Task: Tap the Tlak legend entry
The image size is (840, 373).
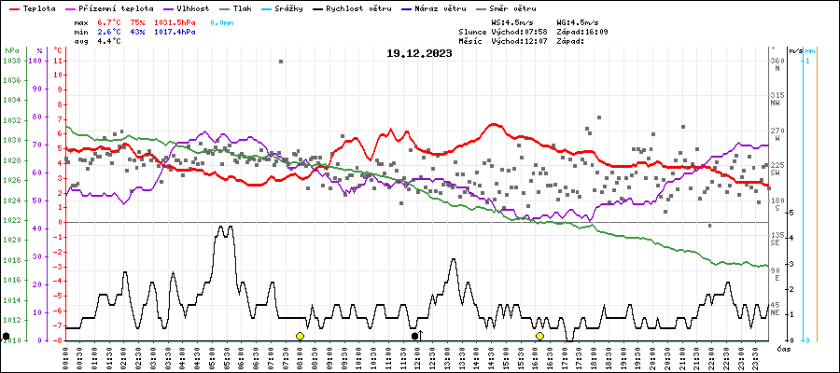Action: click(x=242, y=7)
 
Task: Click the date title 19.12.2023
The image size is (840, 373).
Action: click(x=419, y=53)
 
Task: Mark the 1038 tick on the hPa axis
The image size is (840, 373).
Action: click(x=12, y=61)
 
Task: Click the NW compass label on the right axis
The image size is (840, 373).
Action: click(x=776, y=103)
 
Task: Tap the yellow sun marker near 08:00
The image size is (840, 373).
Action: click(x=300, y=336)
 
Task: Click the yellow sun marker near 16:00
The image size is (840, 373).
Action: click(x=539, y=336)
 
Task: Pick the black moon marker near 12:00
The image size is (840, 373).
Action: click(x=415, y=336)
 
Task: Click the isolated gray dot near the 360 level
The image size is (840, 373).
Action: click(x=281, y=62)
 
